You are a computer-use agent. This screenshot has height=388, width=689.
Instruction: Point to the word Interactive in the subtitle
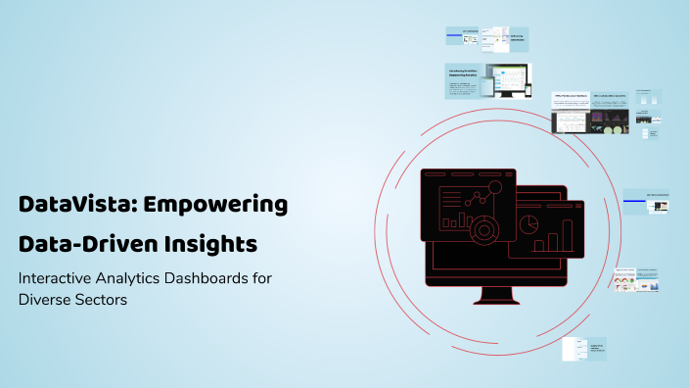click(x=57, y=278)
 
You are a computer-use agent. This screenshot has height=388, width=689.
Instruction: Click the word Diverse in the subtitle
click(x=45, y=300)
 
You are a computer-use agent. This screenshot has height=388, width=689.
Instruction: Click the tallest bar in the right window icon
click(x=566, y=235)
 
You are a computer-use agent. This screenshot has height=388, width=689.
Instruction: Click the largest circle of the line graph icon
click(x=495, y=186)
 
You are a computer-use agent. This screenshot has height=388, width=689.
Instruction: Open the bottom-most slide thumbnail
click(x=585, y=349)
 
